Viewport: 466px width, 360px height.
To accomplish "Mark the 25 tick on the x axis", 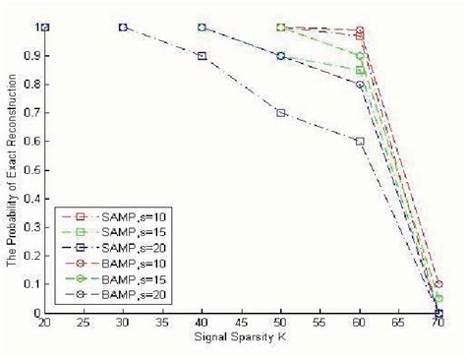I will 84,324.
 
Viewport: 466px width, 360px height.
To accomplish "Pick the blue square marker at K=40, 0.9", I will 202,56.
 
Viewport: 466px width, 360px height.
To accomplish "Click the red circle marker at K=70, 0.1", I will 438,284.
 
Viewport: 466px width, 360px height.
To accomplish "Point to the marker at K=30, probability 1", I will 123,28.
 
